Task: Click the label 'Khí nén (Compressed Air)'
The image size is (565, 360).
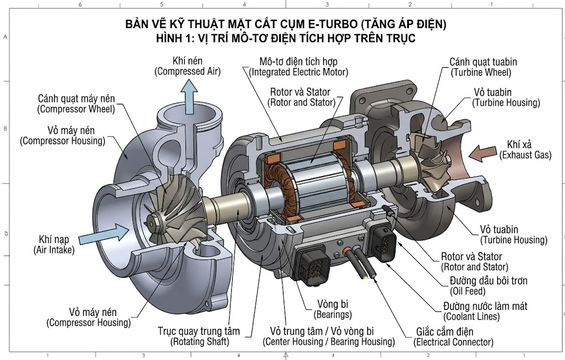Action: tap(188, 66)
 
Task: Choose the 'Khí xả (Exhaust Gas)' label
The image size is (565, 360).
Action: tap(525, 150)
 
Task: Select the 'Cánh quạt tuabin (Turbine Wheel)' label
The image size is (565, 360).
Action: tap(483, 67)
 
